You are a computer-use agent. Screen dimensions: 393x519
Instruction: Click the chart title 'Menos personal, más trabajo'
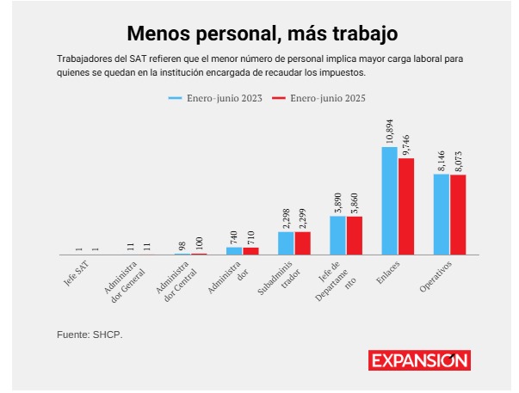pyautogui.click(x=263, y=34)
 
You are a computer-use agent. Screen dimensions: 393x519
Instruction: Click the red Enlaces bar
pyautogui.click(x=406, y=206)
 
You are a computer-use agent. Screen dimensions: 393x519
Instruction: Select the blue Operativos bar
pyautogui.click(x=442, y=214)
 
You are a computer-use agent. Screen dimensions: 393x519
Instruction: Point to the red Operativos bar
pyautogui.click(x=458, y=215)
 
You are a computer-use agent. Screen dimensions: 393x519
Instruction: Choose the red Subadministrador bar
pyautogui.click(x=303, y=243)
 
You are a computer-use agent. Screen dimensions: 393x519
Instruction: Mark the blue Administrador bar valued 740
pyautogui.click(x=234, y=251)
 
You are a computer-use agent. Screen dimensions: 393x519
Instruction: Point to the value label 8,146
pyautogui.click(x=442, y=159)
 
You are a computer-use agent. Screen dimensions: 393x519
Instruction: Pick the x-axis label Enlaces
pyautogui.click(x=389, y=271)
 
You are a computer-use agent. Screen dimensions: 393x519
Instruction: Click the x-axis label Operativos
pyautogui.click(x=436, y=275)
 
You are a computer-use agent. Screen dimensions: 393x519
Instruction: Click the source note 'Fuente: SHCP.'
pyautogui.click(x=90, y=333)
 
